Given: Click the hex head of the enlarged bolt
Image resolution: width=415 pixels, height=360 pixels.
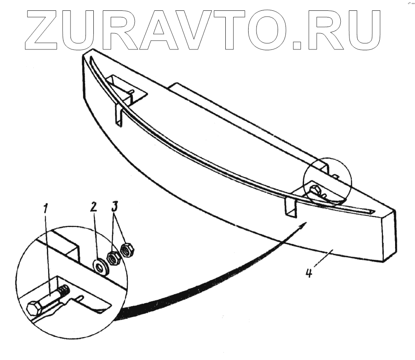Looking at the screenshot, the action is pos(34,309).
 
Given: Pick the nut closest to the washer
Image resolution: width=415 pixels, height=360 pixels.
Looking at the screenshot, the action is pos(113,258).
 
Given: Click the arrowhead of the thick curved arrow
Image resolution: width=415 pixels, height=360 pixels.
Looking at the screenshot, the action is pos(303,224).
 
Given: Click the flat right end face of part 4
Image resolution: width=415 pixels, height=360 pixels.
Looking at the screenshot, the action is pos(388,237).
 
